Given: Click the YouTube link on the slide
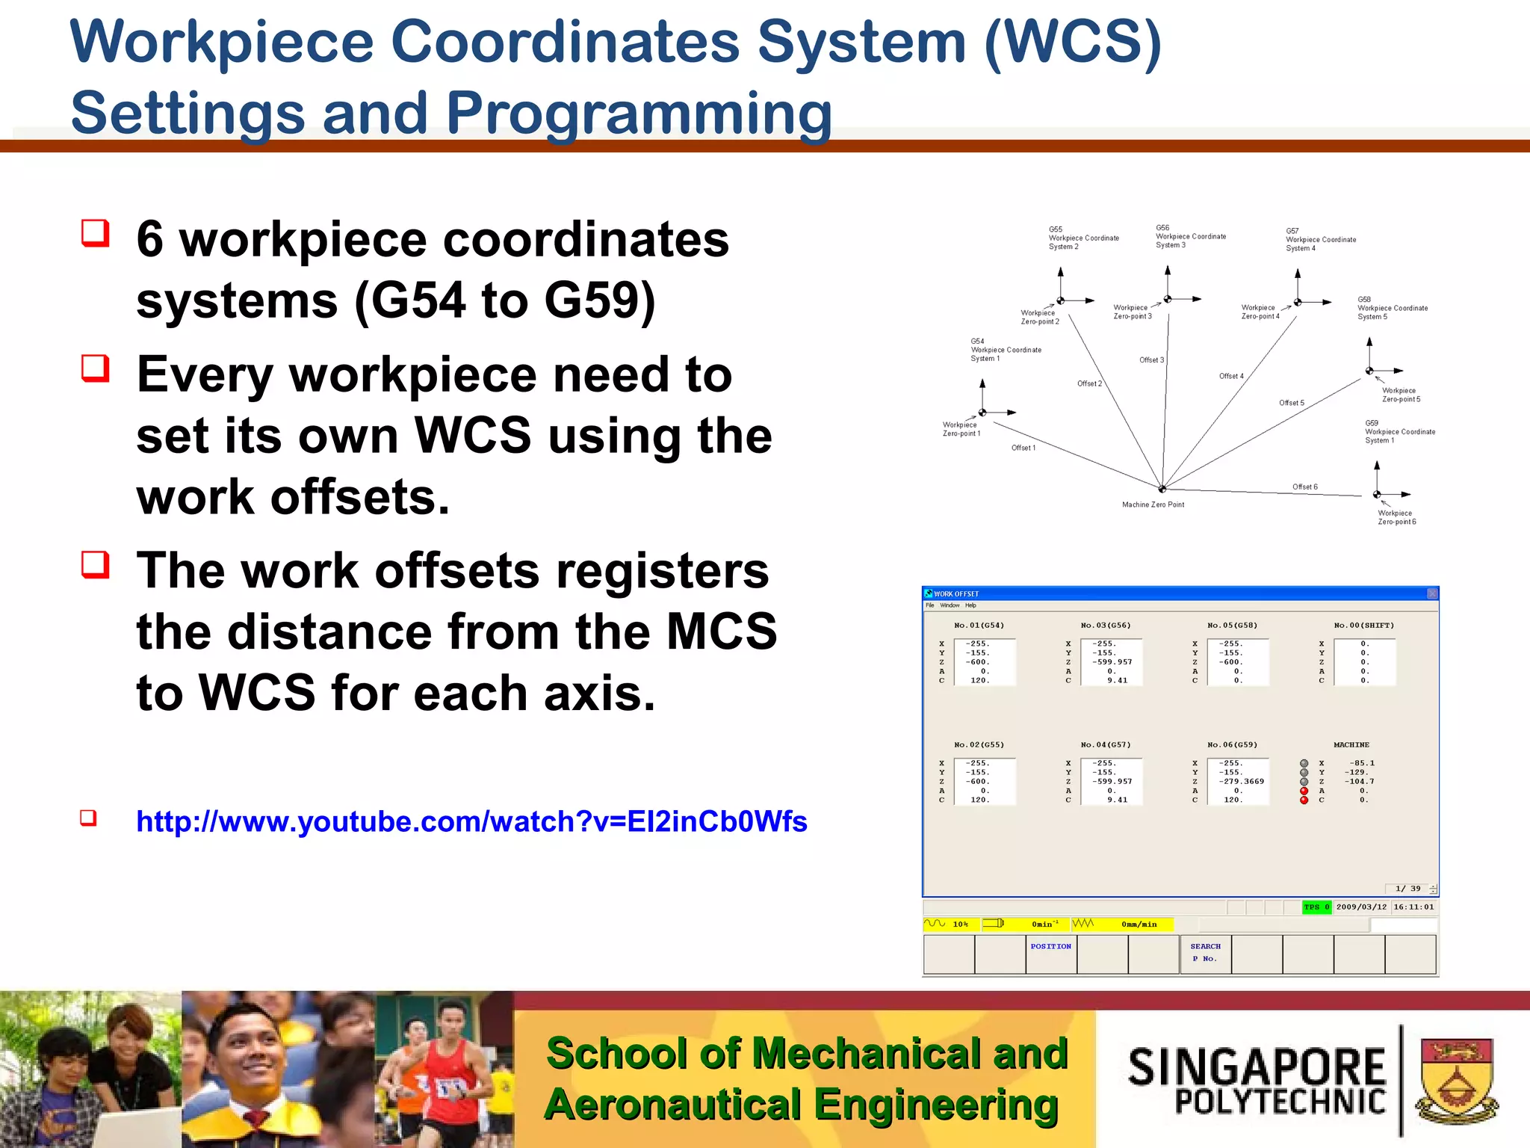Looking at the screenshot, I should click(471, 821).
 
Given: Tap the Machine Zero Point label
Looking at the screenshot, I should click(1153, 505).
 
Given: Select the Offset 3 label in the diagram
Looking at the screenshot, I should click(1151, 360).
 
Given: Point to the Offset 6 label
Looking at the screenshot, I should click(1305, 487).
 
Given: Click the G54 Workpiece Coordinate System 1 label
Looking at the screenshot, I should click(1005, 350).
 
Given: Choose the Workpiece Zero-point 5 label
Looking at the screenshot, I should click(1401, 395).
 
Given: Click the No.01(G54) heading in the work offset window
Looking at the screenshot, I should click(979, 626).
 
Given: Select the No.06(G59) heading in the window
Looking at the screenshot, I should click(1232, 745).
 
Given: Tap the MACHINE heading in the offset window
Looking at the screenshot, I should click(1351, 745).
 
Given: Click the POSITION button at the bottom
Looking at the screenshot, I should click(1050, 947).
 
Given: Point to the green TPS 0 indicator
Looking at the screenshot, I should click(1316, 907).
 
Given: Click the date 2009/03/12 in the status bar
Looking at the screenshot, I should click(1361, 907).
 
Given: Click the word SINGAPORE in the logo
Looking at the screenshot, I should click(1257, 1067).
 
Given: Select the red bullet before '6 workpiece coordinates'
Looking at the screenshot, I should click(96, 233).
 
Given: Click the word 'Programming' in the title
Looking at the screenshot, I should click(639, 113).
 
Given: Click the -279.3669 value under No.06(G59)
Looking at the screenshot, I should click(1242, 782).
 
